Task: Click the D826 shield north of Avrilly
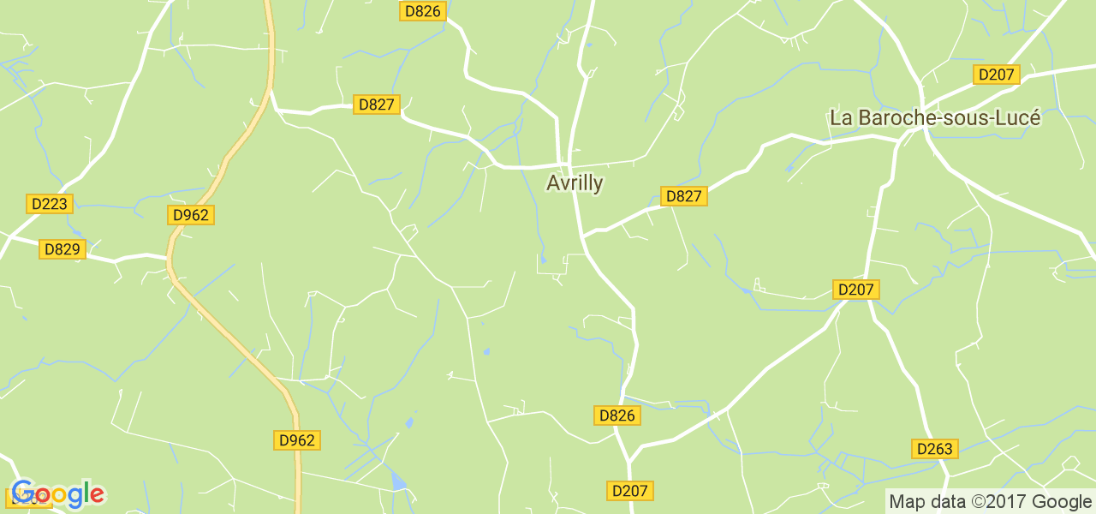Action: coord(422,11)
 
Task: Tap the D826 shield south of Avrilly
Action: coord(616,415)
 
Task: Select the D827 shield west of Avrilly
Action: coord(376,105)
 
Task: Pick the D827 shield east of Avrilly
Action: coord(683,196)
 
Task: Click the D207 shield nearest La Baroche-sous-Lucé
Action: coord(996,75)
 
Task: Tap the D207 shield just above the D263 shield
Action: coord(855,290)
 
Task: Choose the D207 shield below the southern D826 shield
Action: coord(630,491)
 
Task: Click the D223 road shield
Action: coord(50,204)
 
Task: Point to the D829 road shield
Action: coord(62,249)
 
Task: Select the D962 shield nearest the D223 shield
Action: coord(190,215)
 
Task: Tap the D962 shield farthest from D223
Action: coord(297,440)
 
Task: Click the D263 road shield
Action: coord(934,449)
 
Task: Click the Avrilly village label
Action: coord(575,183)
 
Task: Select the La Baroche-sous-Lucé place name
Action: coord(935,118)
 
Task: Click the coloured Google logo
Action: coord(58,493)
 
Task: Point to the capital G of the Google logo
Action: coord(23,493)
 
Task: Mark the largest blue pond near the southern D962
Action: coord(398,481)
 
